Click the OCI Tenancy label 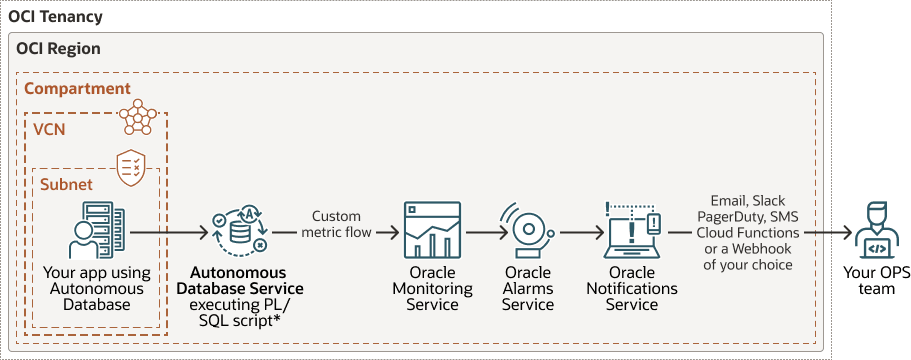55,18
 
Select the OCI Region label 59,48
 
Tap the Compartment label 77,89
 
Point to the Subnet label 66,184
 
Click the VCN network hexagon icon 138,117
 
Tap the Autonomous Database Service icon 238,231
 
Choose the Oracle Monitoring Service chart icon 432,231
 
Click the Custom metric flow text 336,224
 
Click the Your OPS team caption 871,282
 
